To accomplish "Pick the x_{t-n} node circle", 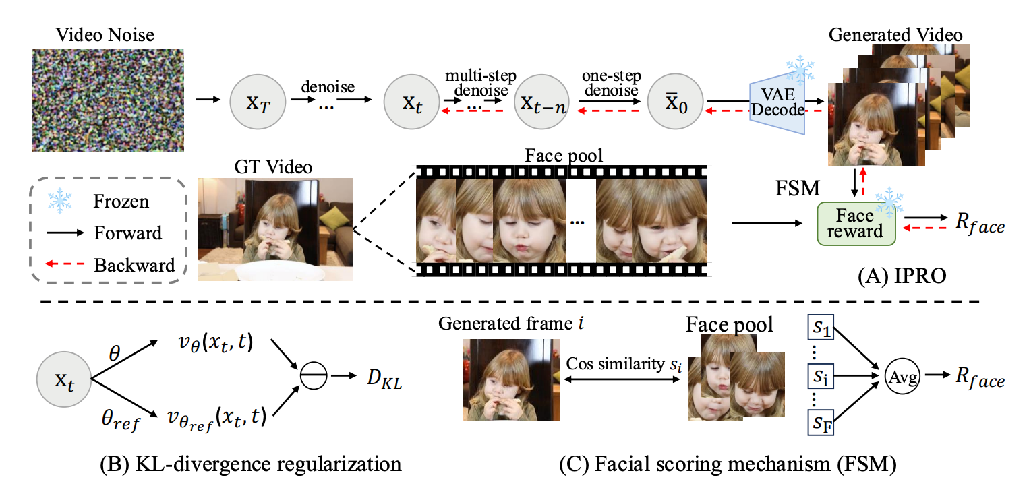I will pyautogui.click(x=539, y=102).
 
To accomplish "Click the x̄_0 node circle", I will pyautogui.click(x=674, y=102).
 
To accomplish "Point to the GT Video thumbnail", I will pyautogui.click(x=275, y=229).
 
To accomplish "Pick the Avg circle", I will pyautogui.click(x=904, y=379).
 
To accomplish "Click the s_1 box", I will pyautogui.click(x=820, y=330).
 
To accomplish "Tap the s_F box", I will pyautogui.click(x=820, y=426).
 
